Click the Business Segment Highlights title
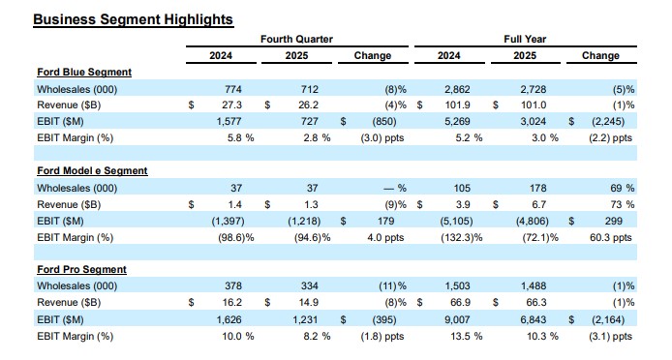tap(120, 19)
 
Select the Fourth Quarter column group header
tap(296, 39)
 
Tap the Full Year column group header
tap(526, 39)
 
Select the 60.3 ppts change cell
tap(611, 237)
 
